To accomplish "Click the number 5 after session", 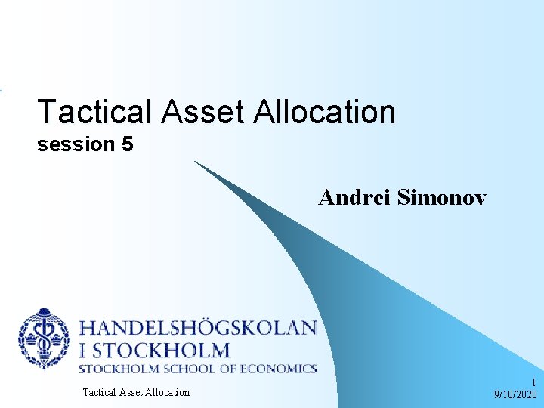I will [126, 144].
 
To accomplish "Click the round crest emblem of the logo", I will [44, 338].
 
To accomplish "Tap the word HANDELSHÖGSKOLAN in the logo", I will [198, 328].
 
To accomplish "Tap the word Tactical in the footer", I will [97, 392].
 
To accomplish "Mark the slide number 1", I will [533, 383].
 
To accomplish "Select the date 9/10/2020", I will [515, 394].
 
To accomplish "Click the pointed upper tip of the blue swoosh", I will [196, 162].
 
